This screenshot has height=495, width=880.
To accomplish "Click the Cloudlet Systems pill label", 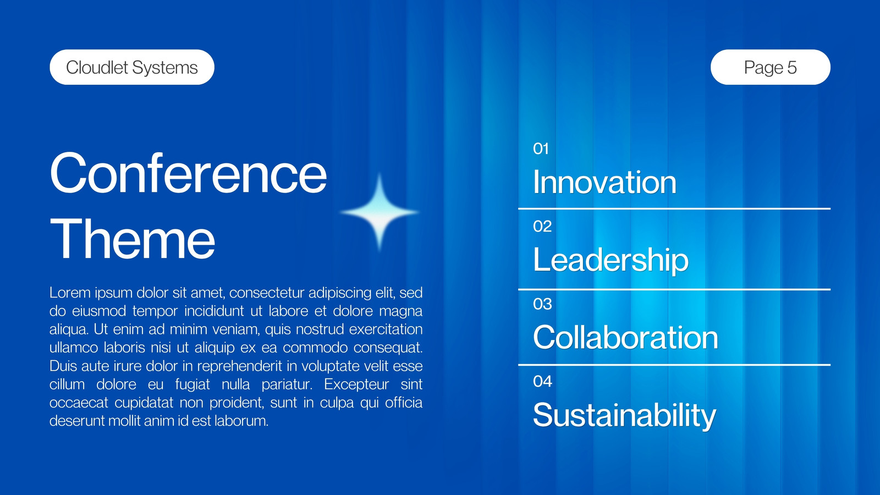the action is point(132,67).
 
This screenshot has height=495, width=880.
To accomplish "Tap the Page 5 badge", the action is point(771,67).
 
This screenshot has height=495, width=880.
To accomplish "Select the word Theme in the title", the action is point(133,239).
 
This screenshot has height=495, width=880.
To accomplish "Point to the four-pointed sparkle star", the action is point(380,212).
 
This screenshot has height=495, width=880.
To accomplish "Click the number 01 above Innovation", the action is point(541,149).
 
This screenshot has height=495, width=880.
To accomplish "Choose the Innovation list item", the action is point(604,182).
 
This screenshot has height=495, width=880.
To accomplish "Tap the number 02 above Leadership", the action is point(542,226).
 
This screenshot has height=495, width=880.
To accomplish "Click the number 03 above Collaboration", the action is point(542,304).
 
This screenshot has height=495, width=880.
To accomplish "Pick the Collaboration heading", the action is point(625,337).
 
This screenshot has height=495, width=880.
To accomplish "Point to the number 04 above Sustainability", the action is point(542,381).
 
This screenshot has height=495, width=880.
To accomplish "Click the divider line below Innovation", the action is point(674,208).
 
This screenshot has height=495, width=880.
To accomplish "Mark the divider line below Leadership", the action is point(674,289).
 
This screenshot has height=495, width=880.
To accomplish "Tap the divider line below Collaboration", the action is point(674,365).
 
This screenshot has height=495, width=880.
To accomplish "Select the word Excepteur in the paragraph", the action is point(356,384).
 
